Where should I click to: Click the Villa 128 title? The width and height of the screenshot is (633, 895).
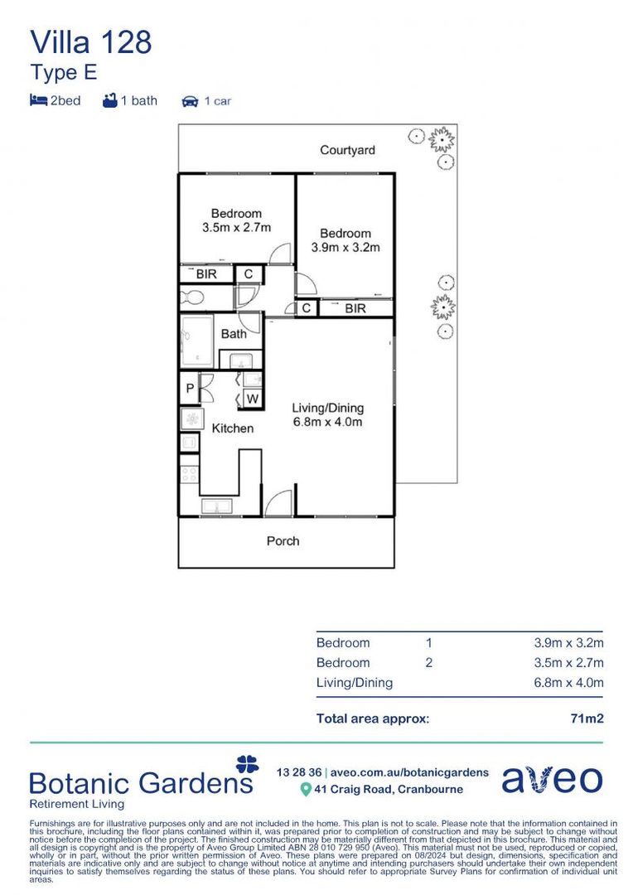[x=91, y=43]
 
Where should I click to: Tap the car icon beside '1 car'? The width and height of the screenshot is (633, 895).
[x=190, y=101]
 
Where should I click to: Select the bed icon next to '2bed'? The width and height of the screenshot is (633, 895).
[x=38, y=100]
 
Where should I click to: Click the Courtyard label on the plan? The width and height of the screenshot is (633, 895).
[x=347, y=150]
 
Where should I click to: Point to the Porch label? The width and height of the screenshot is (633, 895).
[x=283, y=541]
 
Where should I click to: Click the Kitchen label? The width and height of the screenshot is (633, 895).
[x=232, y=428]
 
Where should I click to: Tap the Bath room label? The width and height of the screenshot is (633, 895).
[x=234, y=334]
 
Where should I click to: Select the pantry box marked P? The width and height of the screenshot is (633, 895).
[x=190, y=388]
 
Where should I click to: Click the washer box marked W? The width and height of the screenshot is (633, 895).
[x=252, y=399]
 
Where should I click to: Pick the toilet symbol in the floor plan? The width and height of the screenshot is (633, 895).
[x=191, y=298]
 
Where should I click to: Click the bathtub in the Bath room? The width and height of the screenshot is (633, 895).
[x=197, y=341]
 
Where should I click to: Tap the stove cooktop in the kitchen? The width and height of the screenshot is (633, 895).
[x=189, y=474]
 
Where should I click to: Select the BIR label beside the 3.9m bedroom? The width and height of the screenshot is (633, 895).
[x=355, y=309]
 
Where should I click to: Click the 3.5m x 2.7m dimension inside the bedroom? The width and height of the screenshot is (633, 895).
[x=236, y=227]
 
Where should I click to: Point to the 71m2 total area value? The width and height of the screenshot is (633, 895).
[x=587, y=718]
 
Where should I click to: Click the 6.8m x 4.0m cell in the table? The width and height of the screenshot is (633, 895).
[x=568, y=683]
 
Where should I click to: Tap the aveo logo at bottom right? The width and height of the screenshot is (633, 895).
[x=552, y=779]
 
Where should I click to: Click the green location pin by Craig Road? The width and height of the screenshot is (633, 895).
[x=306, y=790]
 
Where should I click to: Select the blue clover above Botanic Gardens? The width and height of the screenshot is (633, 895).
[x=247, y=764]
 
